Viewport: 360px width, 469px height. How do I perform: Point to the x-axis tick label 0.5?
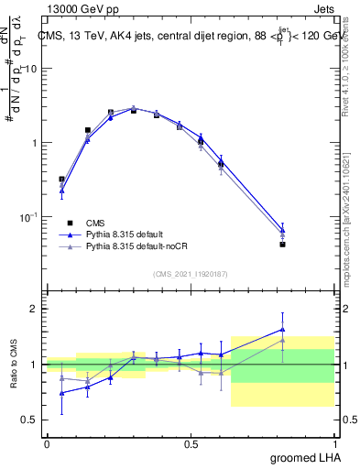click(x=191, y=443)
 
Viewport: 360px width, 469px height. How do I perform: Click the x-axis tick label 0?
click(x=47, y=443)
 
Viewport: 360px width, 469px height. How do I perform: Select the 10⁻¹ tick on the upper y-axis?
click(x=30, y=216)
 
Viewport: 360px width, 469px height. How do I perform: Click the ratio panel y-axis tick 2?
click(x=35, y=309)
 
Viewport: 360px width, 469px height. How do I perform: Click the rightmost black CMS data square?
click(x=283, y=245)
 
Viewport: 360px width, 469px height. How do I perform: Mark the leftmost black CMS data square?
click(x=61, y=180)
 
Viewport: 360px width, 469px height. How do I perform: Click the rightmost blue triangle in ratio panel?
click(x=283, y=330)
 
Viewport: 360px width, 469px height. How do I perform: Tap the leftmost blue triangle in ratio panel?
click(x=61, y=393)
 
